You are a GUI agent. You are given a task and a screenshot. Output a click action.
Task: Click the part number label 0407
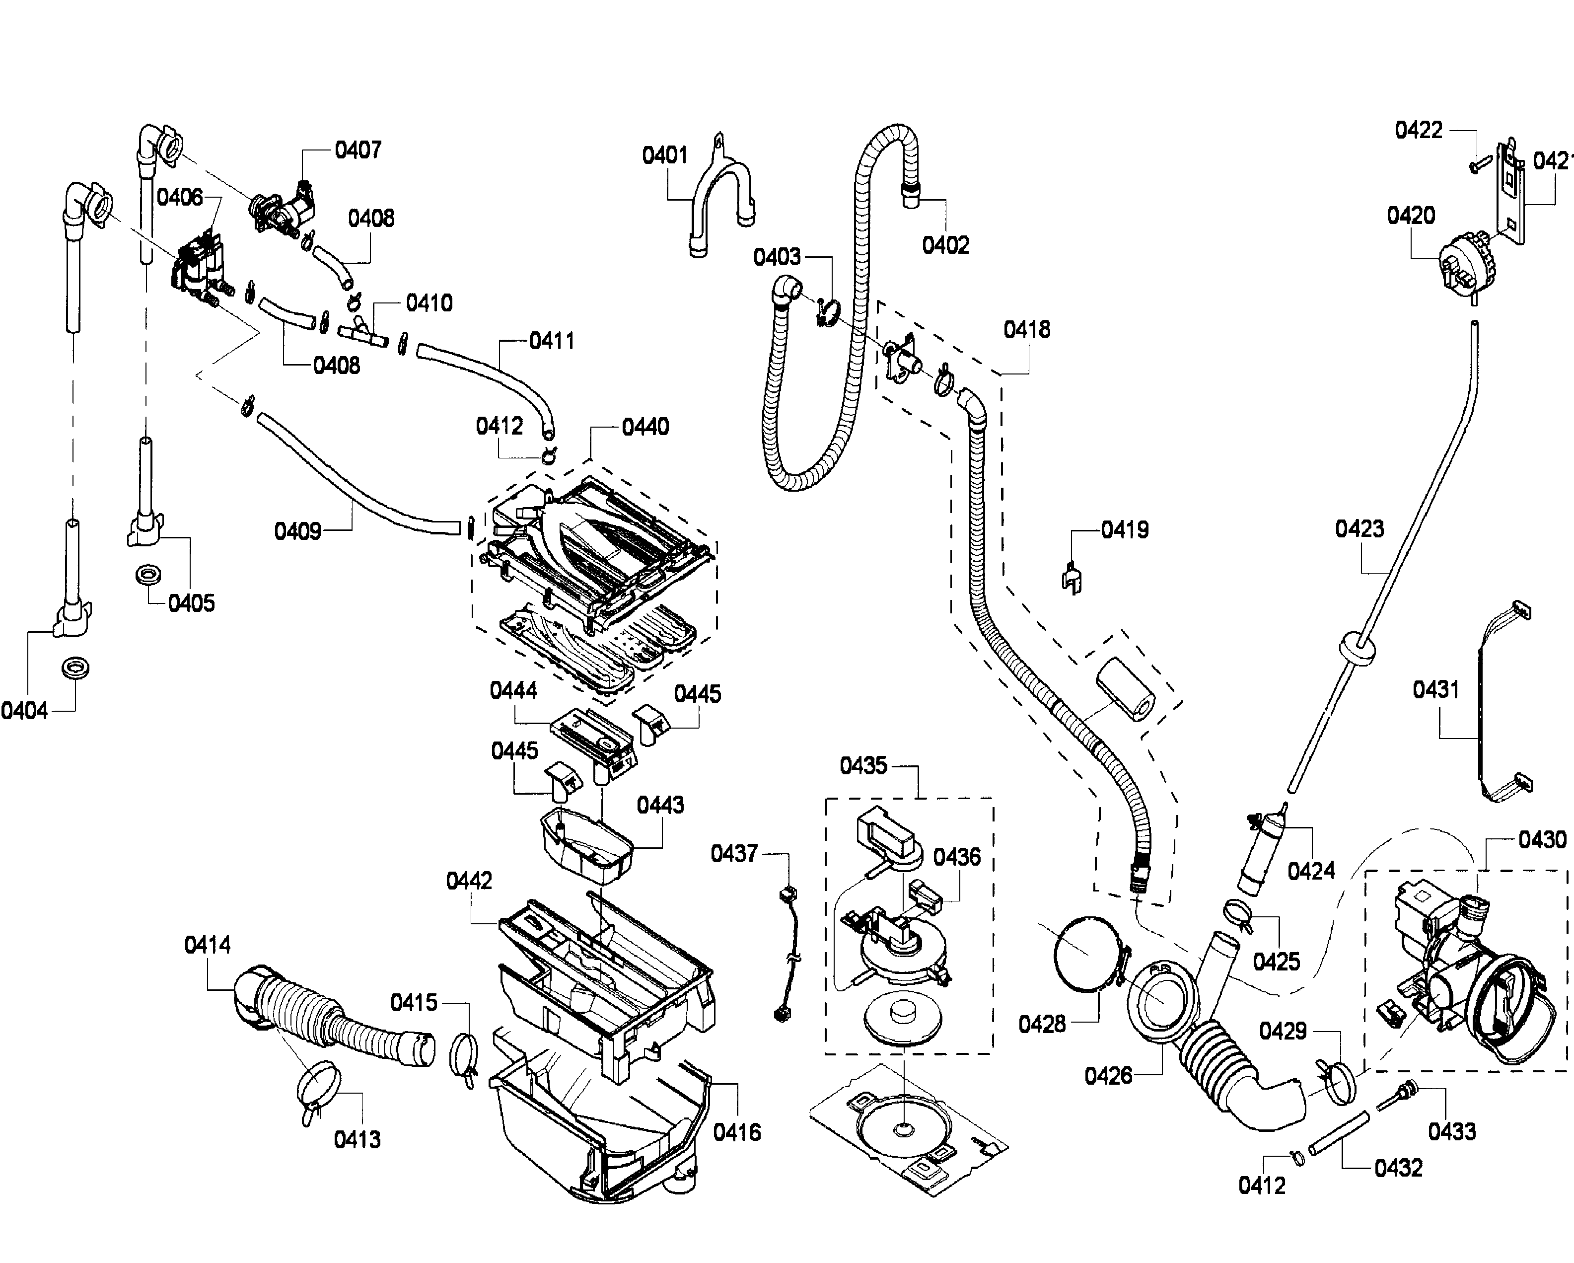pyautogui.click(x=358, y=150)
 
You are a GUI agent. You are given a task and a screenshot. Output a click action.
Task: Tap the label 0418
pyautogui.click(x=1026, y=330)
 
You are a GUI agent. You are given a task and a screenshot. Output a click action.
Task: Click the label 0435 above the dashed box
pyautogui.click(x=863, y=766)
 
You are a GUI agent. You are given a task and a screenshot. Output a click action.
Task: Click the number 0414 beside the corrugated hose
pyautogui.click(x=208, y=946)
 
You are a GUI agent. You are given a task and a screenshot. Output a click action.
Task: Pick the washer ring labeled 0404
pyautogui.click(x=76, y=668)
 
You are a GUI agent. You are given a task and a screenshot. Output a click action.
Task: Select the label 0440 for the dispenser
pyautogui.click(x=645, y=427)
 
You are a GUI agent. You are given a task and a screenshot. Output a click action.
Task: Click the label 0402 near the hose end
pyautogui.click(x=945, y=245)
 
